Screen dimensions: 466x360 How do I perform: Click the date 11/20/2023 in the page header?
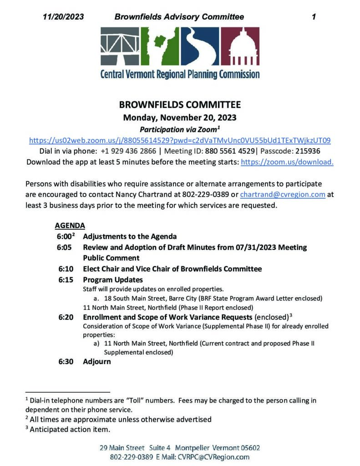click(64, 17)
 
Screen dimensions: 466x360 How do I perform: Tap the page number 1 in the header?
click(314, 17)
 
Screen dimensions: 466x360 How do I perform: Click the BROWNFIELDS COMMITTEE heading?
click(180, 104)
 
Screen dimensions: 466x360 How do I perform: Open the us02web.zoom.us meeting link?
click(180, 140)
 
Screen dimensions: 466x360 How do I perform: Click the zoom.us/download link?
click(287, 162)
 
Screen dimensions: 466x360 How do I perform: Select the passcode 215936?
click(314, 151)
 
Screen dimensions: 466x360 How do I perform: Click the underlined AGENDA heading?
click(70, 225)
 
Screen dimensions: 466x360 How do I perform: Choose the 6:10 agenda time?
click(66, 269)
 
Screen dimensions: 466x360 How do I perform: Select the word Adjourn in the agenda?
click(96, 362)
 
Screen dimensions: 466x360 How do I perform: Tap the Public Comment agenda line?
click(109, 258)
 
